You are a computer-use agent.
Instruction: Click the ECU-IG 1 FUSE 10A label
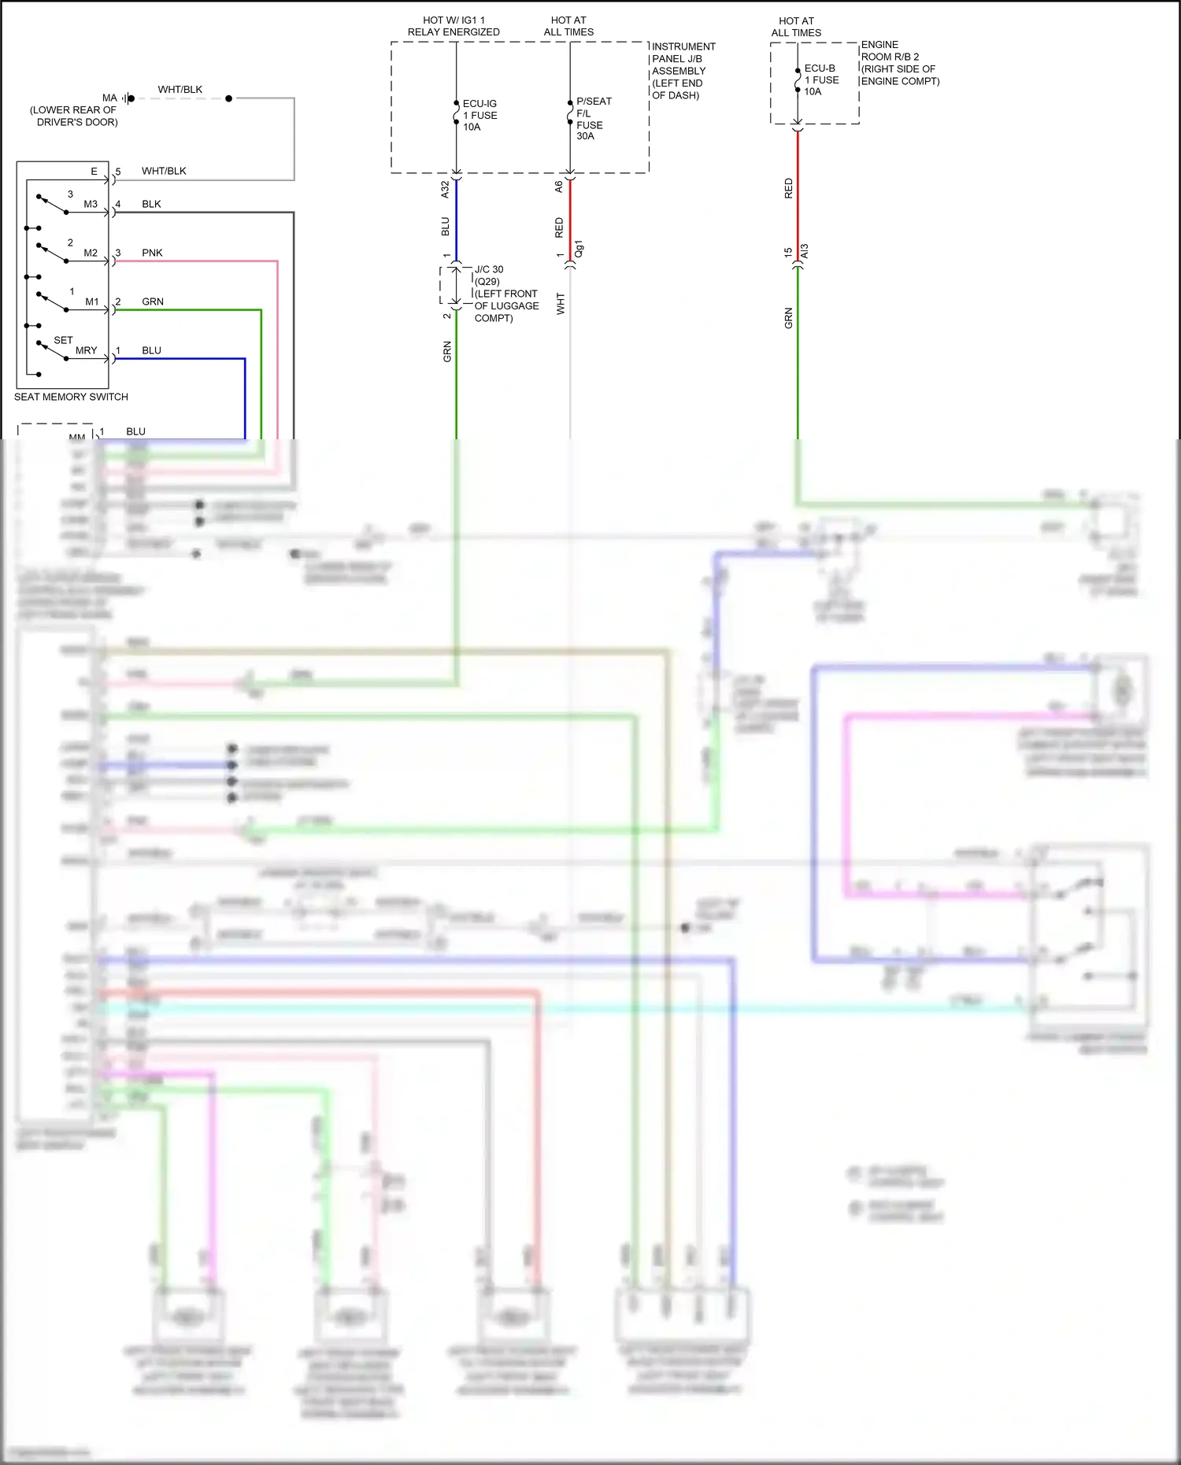point(479,115)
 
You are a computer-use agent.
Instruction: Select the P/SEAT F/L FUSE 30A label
point(592,118)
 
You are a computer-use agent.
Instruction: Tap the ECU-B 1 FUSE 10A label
point(820,80)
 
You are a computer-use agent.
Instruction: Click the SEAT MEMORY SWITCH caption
point(71,397)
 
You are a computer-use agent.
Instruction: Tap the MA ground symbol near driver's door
point(128,98)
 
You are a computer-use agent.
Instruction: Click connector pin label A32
point(445,189)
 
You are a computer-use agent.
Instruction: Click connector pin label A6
point(558,187)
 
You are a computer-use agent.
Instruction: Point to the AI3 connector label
point(804,251)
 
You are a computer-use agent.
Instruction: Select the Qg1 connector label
point(579,249)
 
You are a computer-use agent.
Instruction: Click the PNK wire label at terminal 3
point(152,253)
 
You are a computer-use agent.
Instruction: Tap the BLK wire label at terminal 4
point(151,204)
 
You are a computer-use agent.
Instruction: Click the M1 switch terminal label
point(92,302)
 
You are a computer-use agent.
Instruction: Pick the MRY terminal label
point(86,350)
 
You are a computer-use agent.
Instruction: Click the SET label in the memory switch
point(63,340)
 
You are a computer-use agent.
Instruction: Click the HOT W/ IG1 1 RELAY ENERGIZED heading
point(454,26)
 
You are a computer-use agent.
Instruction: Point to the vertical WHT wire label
point(561,304)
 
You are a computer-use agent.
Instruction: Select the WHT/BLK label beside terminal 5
point(164,171)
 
